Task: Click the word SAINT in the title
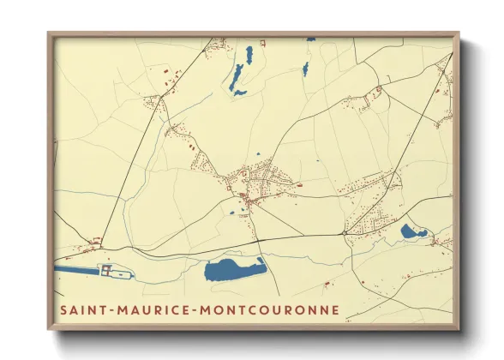pos(84,309)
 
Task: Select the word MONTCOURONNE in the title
pos(275,309)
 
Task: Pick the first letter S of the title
pos(63,309)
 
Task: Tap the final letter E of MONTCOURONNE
pos(334,309)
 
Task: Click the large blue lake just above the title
pos(234,271)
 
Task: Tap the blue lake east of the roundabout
pos(413,231)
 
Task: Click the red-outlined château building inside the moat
pos(109,271)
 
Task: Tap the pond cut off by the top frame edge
pos(310,39)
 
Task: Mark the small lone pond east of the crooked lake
pos(304,69)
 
